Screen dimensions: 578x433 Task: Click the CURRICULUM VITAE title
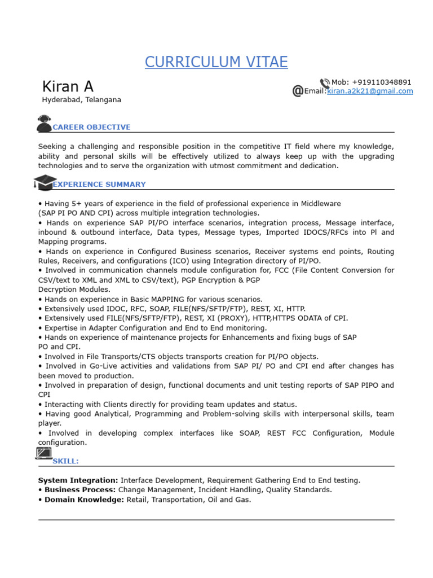216,62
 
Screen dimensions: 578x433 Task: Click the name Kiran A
68,86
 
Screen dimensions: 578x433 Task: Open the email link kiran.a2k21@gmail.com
370,91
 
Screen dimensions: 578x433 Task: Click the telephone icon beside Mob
325,83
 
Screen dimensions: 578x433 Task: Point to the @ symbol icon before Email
298,91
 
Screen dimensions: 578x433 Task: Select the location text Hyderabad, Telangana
81,100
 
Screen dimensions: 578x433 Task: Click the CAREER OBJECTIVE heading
91,128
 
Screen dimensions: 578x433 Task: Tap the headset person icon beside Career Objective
45,124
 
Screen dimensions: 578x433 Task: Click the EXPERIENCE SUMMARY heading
99,185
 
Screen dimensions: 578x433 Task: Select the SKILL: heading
66,462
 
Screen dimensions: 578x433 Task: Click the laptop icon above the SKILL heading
44,453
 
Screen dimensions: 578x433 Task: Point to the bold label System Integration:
78,480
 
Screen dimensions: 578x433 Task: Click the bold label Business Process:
80,490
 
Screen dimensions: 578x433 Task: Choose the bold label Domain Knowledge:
84,500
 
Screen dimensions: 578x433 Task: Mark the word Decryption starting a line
58,290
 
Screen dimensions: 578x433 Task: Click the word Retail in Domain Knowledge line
137,500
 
